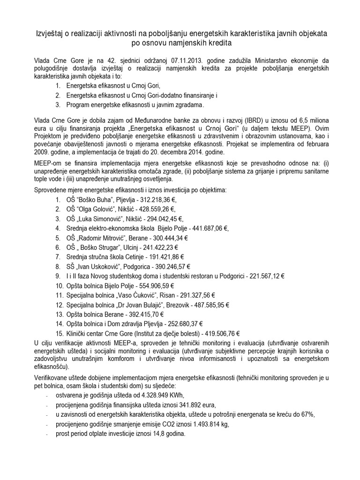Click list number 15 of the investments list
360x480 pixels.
pos(59,334)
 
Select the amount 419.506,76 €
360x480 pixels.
pos(218,334)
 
